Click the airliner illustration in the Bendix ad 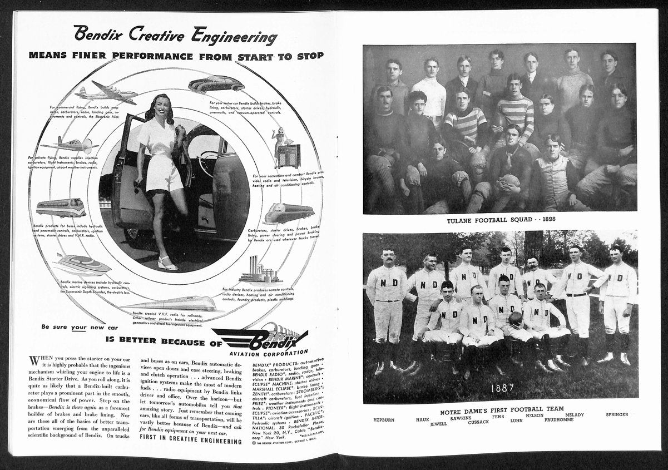click(x=106, y=92)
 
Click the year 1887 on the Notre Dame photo click(x=502, y=388)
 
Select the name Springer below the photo click(x=617, y=414)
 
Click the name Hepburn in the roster click(x=384, y=419)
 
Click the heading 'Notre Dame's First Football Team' click(x=501, y=412)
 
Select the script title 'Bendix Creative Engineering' click(x=175, y=35)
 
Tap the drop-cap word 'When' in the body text click(x=42, y=360)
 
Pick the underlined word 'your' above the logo click(x=78, y=328)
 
